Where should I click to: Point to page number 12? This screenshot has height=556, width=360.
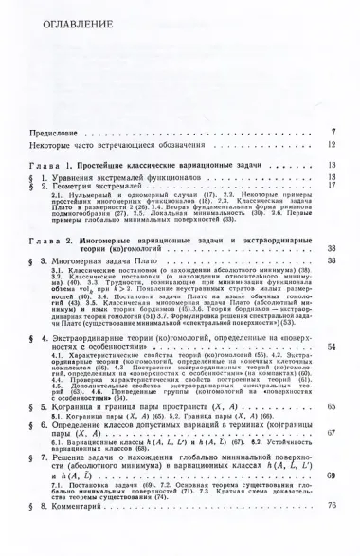point(332,145)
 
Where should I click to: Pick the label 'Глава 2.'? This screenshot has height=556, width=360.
point(52,244)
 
